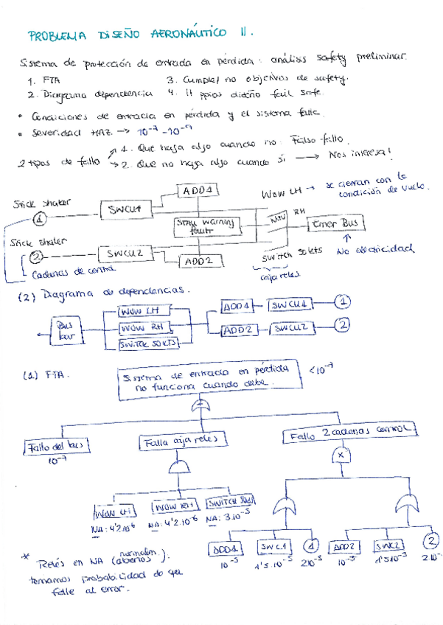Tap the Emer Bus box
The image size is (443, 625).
[335, 223]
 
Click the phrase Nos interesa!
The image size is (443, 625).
[360, 153]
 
